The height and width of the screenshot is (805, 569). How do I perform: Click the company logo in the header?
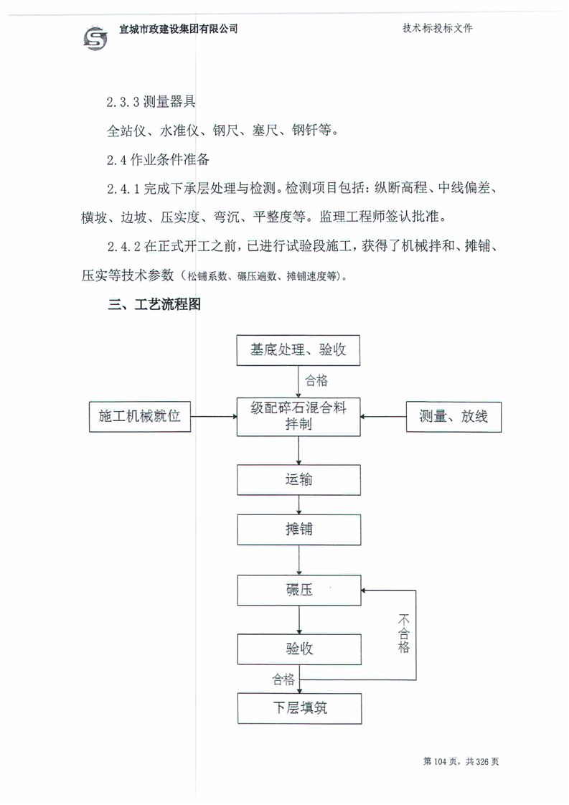[95, 38]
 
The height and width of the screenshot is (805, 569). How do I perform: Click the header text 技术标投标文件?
[437, 28]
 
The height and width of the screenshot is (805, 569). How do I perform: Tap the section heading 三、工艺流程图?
[154, 304]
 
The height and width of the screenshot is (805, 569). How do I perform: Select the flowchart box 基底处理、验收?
[298, 350]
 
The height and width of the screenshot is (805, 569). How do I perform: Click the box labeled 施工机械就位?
[140, 416]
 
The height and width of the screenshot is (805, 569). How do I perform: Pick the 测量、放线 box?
[453, 416]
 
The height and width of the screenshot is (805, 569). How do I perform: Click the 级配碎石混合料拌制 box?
[298, 417]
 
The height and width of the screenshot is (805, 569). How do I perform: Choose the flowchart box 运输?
[299, 480]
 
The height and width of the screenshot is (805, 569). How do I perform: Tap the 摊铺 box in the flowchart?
[299, 529]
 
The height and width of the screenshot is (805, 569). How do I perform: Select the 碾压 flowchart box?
[299, 590]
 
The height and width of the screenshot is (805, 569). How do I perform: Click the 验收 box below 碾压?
[299, 649]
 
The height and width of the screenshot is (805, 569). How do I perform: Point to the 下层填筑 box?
[299, 708]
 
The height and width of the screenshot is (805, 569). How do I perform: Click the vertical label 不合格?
[404, 634]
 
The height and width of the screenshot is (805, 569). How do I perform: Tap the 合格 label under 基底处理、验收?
[316, 380]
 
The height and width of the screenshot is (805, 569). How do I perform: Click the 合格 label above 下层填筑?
[283, 679]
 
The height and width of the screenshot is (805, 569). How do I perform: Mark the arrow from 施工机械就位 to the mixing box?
[214, 416]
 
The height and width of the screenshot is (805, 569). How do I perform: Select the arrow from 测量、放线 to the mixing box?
[383, 416]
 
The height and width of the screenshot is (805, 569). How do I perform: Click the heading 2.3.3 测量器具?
[151, 101]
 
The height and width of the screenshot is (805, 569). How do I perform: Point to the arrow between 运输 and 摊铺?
[299, 504]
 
